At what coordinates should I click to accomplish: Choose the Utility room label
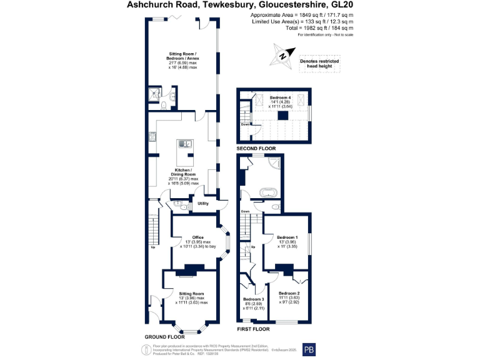coord(203,204)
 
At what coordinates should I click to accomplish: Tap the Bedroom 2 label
coord(289,298)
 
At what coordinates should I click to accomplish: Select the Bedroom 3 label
coord(253,303)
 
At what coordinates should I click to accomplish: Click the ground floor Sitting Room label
coord(191,297)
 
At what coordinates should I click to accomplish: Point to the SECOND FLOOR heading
coord(256,148)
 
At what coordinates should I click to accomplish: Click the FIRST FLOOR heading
coord(252,329)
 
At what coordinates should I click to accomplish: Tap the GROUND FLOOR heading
coord(164,337)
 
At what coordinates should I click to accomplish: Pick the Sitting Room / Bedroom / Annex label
coord(182,61)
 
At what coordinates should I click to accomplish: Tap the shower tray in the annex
coord(154,94)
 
